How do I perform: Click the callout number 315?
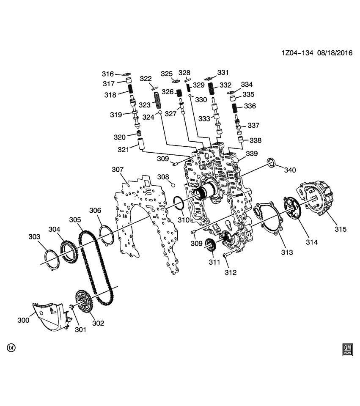[x=340, y=229]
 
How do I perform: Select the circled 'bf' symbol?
[x=11, y=348]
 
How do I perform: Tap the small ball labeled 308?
[x=173, y=185]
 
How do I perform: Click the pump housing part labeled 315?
[x=317, y=199]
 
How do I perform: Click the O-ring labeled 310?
[x=178, y=202]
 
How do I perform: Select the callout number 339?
[x=252, y=154]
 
